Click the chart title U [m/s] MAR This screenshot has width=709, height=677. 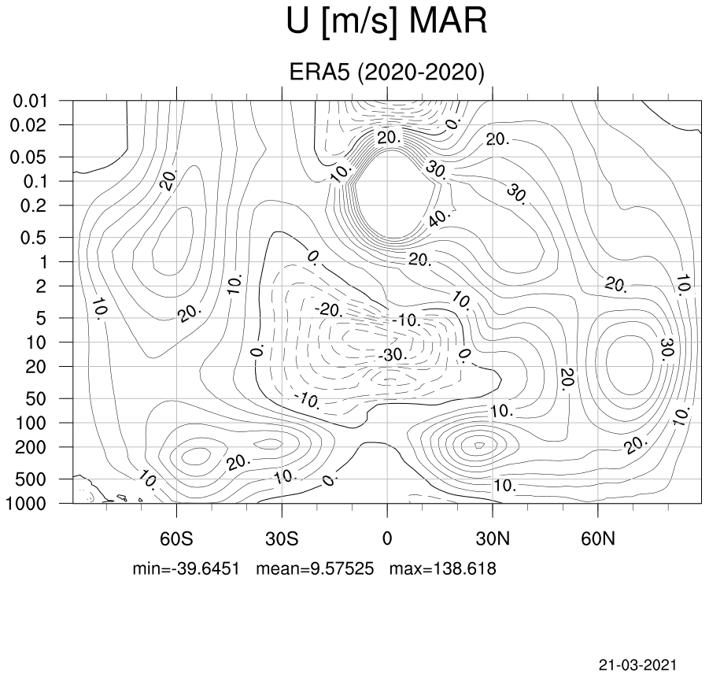click(386, 21)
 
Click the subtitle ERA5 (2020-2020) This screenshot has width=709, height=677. click(386, 72)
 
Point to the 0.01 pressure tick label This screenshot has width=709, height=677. click(30, 101)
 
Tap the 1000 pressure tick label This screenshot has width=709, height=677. click(26, 503)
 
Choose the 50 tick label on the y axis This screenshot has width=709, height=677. click(35, 399)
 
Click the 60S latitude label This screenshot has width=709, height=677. click(176, 539)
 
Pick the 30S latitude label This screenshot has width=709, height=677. click(282, 539)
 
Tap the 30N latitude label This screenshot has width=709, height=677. click(493, 539)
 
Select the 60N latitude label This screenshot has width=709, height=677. click(598, 539)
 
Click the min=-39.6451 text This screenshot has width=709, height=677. click(186, 568)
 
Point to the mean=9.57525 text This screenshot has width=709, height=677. click(316, 568)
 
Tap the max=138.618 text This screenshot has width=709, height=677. click(443, 568)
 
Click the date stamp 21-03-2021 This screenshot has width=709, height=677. click(638, 665)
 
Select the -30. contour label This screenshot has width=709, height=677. click(393, 354)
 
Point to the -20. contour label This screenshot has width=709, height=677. click(329, 310)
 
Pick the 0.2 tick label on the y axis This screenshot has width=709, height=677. click(34, 205)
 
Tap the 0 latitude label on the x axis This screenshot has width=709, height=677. click(387, 539)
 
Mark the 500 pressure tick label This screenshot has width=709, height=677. click(31, 479)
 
